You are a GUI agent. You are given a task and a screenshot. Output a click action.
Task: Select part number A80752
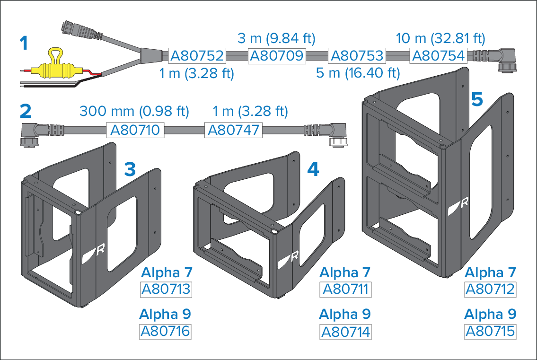(197, 56)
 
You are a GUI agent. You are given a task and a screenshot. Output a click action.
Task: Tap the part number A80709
(277, 56)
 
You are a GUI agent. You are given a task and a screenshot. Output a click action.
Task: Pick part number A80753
(357, 56)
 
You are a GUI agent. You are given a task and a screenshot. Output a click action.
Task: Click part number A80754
(439, 56)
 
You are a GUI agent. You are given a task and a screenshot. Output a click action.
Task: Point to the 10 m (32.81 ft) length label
(440, 38)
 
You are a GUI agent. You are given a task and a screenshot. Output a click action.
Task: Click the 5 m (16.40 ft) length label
(358, 73)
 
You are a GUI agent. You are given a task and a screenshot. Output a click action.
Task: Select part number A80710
(135, 130)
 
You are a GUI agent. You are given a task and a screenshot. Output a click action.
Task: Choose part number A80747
(233, 130)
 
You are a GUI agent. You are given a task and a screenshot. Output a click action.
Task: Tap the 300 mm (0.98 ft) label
(134, 111)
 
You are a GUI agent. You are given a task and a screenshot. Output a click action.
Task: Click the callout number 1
(24, 44)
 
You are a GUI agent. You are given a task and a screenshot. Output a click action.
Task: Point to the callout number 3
(130, 169)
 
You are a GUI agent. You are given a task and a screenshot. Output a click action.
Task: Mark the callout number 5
(477, 99)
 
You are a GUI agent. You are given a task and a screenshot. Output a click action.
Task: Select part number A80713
(166, 290)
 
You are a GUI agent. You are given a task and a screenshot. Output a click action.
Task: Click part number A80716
(166, 331)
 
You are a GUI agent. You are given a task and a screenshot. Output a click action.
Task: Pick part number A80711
(345, 290)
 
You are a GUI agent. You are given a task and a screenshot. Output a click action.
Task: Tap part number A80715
(491, 331)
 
